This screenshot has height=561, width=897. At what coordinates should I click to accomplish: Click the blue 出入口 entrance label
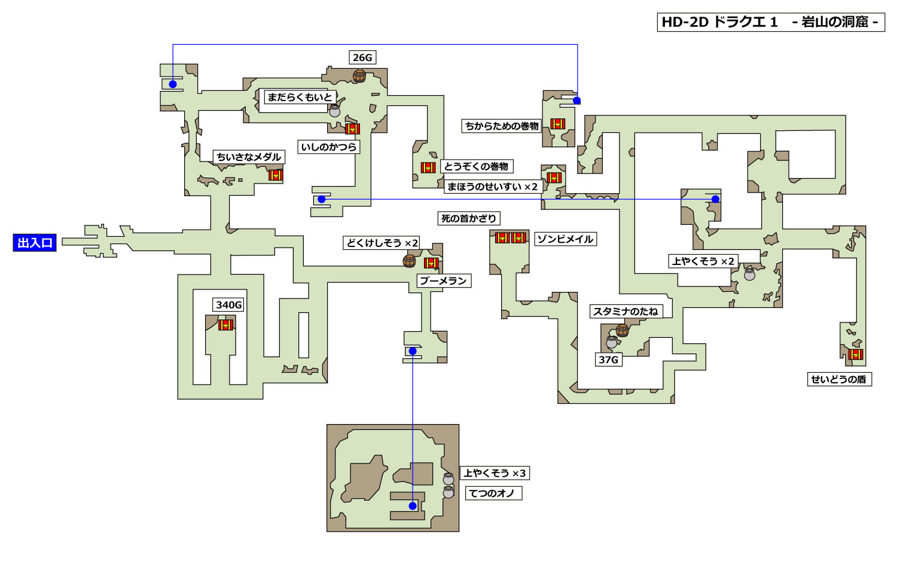click(35, 243)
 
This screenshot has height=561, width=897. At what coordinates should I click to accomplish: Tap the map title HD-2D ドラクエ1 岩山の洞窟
click(770, 22)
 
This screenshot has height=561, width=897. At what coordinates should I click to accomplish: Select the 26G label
click(362, 57)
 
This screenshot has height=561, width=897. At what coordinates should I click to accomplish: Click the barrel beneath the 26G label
click(359, 76)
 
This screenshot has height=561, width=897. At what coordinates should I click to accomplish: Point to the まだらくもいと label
click(300, 97)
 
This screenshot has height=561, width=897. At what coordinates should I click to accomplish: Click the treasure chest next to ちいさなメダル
click(276, 175)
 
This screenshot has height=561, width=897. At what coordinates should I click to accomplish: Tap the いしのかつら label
click(329, 147)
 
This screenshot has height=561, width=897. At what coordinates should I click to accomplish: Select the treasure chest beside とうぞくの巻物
click(428, 167)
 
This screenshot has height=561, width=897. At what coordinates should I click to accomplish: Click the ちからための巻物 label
click(502, 126)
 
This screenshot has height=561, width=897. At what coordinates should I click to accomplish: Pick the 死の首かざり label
click(469, 218)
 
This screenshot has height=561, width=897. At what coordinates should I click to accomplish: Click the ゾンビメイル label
click(565, 239)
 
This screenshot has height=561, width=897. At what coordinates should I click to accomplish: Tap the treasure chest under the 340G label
click(225, 325)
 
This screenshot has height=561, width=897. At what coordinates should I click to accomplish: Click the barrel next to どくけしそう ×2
click(409, 261)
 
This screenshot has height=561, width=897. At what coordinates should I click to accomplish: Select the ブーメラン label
click(443, 280)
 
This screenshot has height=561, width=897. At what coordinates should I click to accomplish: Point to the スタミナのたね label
click(626, 311)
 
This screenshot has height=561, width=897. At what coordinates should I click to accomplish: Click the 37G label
click(608, 359)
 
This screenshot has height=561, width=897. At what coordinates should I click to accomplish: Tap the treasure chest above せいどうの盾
click(856, 354)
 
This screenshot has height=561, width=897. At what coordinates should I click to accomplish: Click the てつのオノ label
click(492, 493)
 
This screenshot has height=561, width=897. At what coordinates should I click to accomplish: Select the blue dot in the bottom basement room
click(413, 506)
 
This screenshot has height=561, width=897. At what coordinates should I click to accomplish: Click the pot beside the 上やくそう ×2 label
click(749, 275)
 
